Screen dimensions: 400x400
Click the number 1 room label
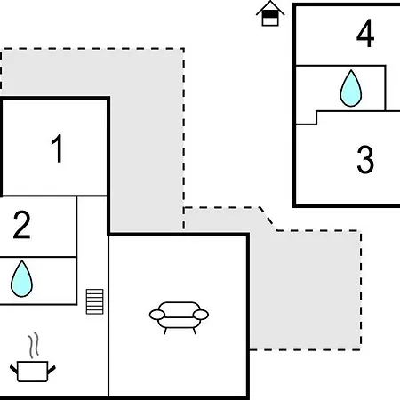click(58, 148)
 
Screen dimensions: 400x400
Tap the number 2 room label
click(22, 225)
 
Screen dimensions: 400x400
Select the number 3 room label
click(365, 159)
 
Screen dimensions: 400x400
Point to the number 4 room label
click(365, 33)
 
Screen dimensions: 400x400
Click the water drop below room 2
click(21, 278)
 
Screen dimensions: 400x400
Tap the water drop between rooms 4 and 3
click(351, 88)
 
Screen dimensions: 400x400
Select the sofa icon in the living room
click(179, 318)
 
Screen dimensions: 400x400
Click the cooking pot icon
click(33, 372)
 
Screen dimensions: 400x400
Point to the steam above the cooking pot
click(34, 345)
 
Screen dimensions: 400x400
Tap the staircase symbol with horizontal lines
click(95, 301)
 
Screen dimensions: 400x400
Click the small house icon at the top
click(270, 13)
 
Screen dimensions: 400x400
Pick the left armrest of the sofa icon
click(157, 315)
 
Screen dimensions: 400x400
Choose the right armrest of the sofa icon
click(201, 315)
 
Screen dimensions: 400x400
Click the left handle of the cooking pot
click(13, 370)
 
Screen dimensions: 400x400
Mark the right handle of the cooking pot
click(52, 370)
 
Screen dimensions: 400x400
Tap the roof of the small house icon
click(270, 8)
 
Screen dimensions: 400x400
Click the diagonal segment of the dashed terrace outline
click(268, 219)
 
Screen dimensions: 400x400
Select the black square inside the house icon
click(270, 14)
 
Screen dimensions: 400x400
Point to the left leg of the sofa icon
click(164, 331)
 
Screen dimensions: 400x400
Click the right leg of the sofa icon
click(195, 331)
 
